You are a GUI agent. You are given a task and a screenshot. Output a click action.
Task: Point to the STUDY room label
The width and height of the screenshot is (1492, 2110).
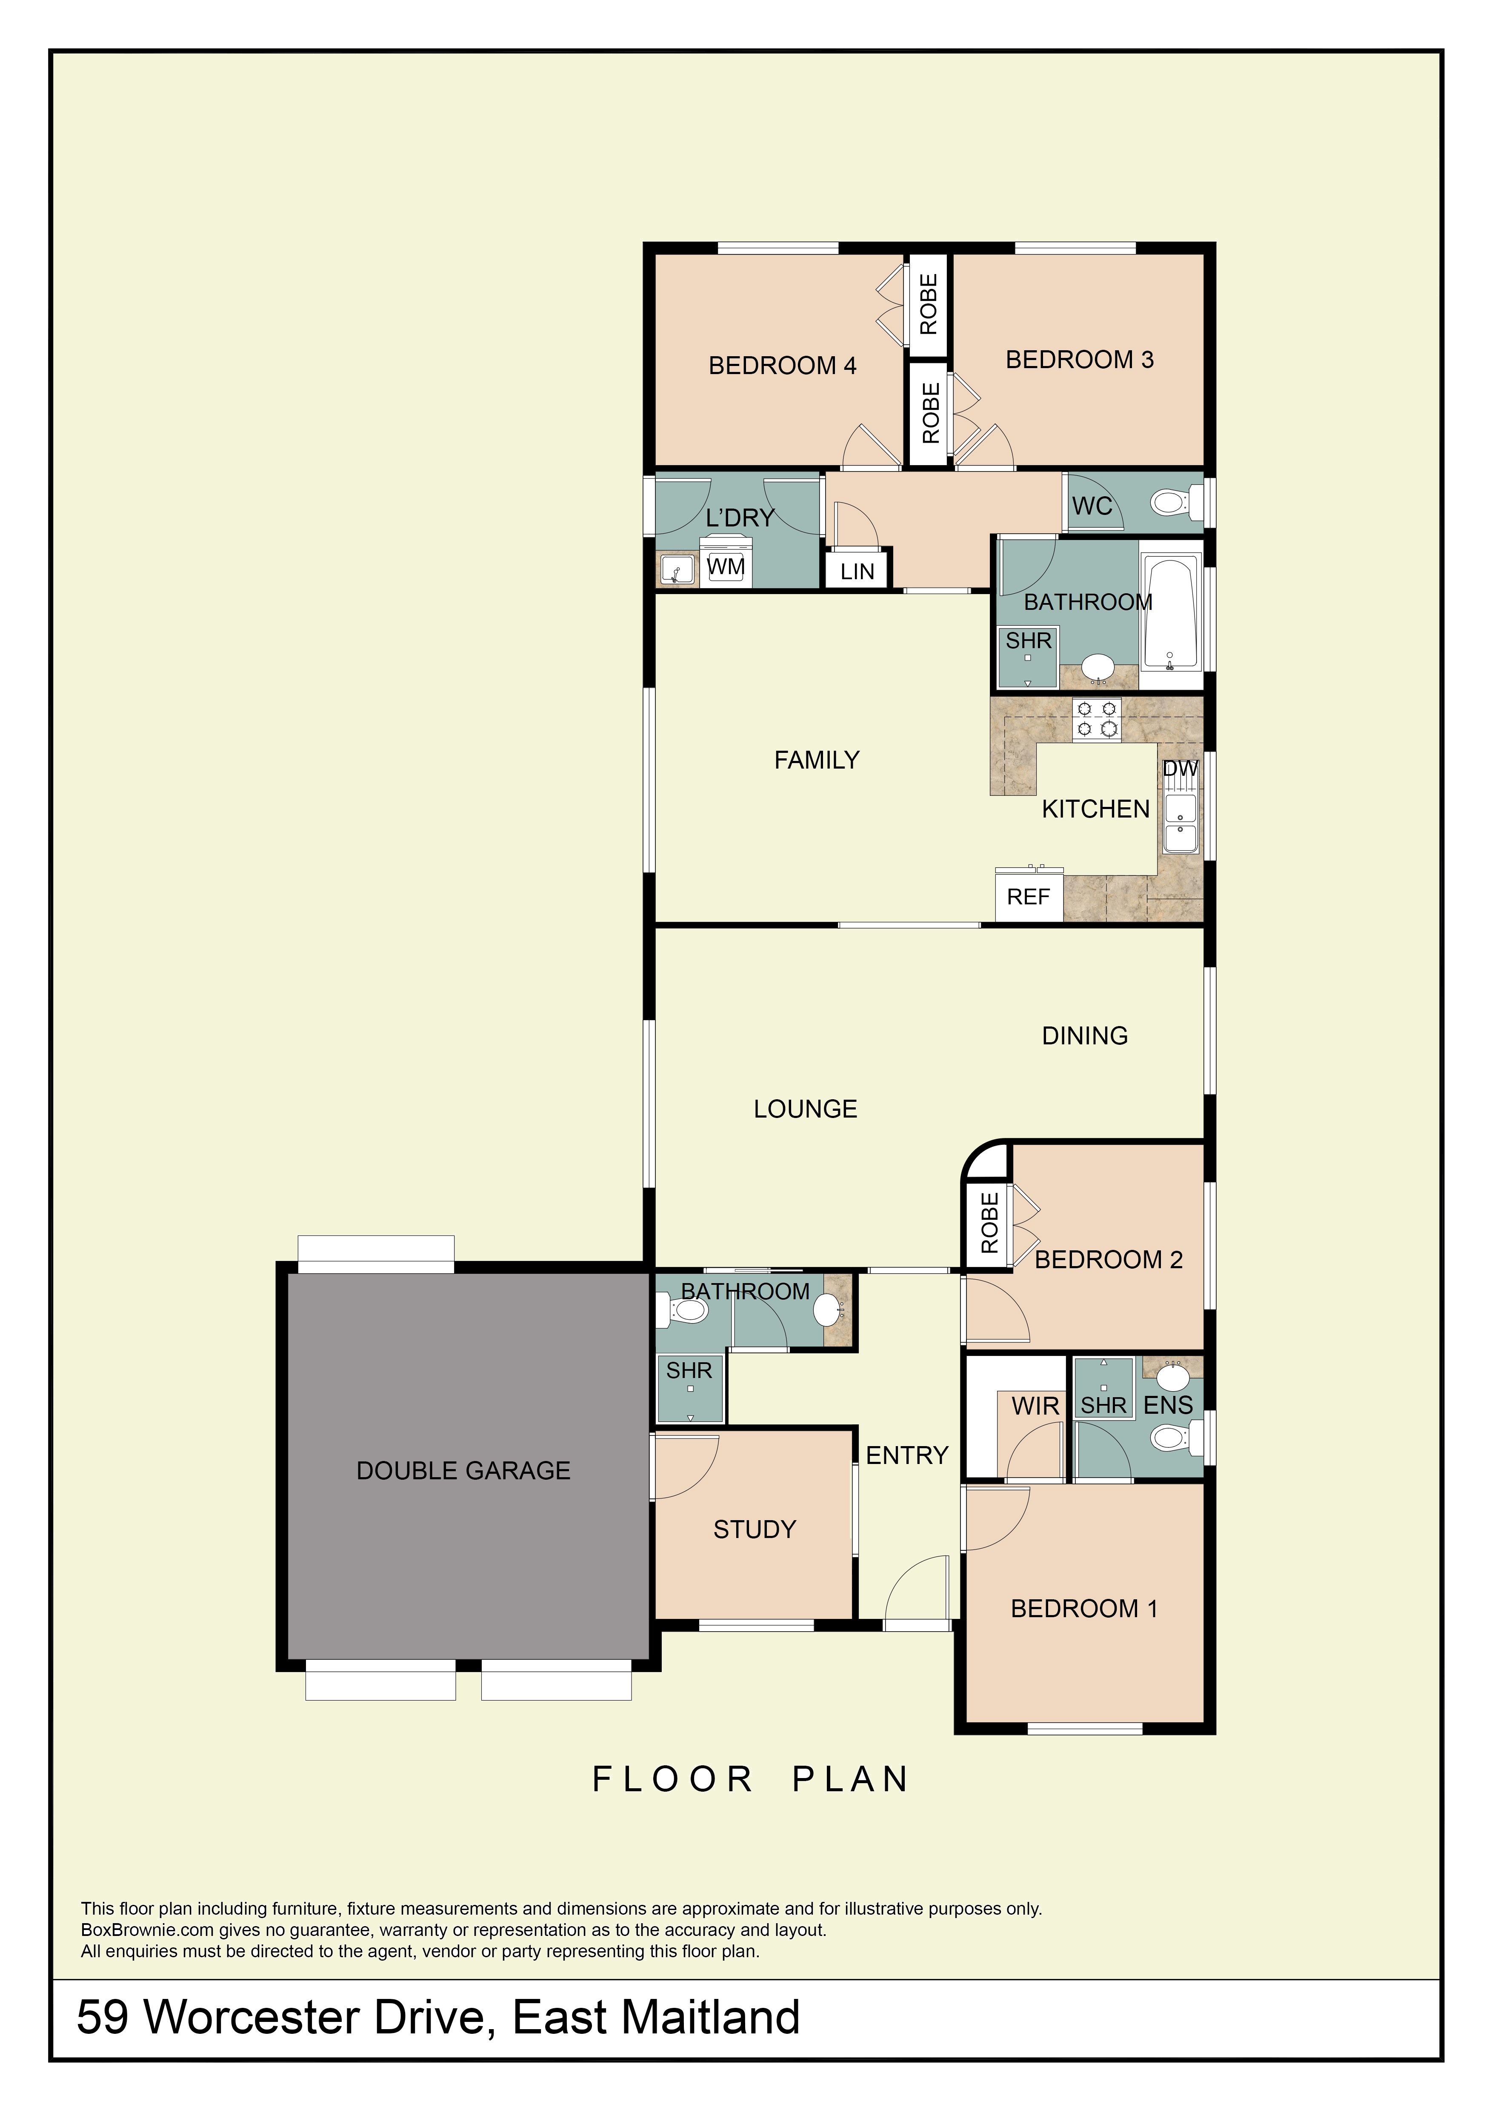tap(754, 1529)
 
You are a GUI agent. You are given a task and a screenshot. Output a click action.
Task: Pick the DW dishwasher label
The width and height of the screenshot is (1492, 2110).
tap(1180, 768)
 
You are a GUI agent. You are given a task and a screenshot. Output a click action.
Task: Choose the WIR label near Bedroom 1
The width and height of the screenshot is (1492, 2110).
tap(1035, 1406)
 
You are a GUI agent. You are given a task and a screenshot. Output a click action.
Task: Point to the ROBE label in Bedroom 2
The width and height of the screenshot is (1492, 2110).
tap(989, 1223)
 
